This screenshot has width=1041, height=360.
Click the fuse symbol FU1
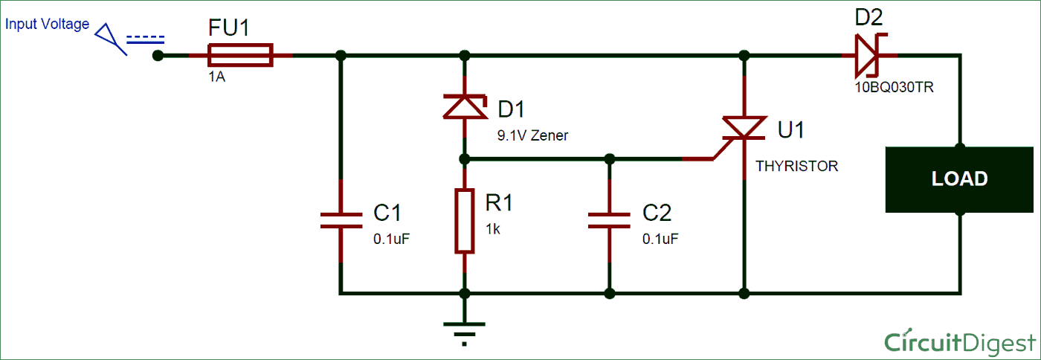point(240,55)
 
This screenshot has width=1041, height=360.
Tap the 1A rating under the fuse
point(216,77)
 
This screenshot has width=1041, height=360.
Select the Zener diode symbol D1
point(465,107)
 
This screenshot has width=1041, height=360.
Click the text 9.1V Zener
point(532,135)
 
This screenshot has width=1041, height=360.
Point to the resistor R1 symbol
point(465,221)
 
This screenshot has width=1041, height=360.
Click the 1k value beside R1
point(493,229)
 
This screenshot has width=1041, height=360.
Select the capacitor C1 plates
point(341,220)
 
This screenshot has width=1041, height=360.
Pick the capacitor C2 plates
point(609,220)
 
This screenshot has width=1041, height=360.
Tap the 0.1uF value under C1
point(391,239)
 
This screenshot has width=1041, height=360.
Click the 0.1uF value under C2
point(660,239)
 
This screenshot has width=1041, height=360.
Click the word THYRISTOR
point(796,166)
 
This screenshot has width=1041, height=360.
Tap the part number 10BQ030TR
point(894,88)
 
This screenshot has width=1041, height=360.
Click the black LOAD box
point(959,179)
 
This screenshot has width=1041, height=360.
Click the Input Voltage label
point(47,24)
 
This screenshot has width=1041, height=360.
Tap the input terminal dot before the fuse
point(158,56)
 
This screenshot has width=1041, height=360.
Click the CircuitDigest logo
point(960,343)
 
